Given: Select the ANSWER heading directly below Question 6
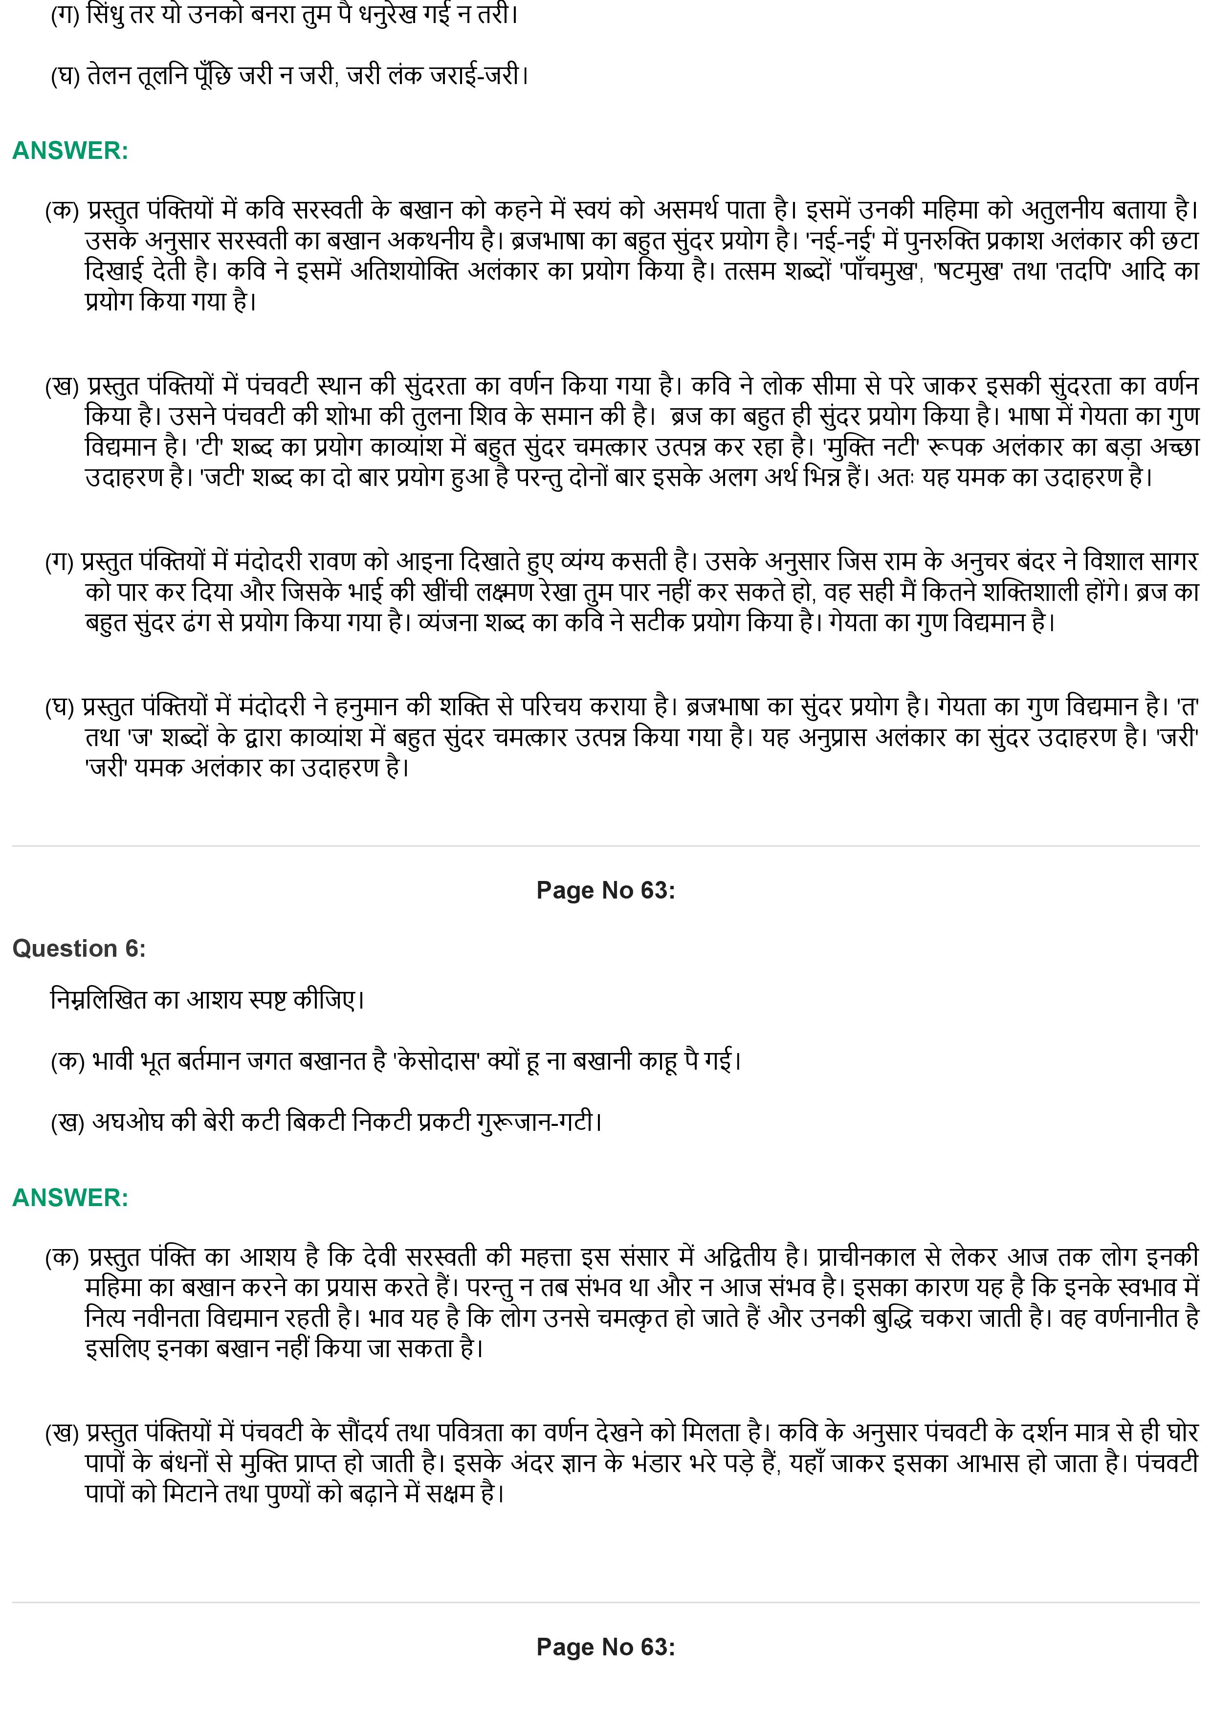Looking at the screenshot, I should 70,1198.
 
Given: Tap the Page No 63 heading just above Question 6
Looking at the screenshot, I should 605,890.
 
